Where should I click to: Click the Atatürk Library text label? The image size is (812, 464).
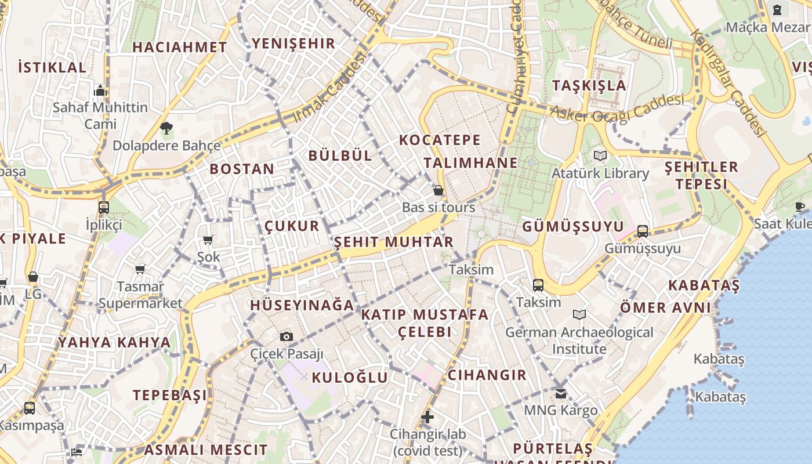(600, 173)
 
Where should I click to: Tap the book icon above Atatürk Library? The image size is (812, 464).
(600, 155)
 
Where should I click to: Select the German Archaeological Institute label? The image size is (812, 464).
(579, 340)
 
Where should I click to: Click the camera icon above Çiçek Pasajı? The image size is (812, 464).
(286, 336)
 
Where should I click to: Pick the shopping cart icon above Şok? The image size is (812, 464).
(208, 240)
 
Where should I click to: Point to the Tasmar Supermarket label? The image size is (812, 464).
(140, 295)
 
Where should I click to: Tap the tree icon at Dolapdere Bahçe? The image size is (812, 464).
(167, 128)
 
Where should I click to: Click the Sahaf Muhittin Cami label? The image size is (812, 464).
(100, 115)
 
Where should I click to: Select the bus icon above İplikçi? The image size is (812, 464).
(104, 207)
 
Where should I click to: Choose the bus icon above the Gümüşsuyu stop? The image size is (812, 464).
(643, 231)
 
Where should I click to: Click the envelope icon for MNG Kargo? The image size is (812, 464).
(560, 393)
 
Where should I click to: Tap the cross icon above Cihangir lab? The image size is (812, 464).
(427, 416)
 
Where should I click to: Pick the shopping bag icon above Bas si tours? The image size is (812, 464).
(438, 190)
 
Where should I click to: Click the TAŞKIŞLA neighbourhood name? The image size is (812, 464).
(589, 85)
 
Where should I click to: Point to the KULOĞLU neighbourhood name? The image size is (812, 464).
(350, 378)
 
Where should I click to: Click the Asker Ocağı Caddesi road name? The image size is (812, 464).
(617, 108)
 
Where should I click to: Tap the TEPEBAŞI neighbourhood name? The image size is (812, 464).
(170, 395)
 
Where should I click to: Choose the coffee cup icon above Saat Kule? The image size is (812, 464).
(799, 206)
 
